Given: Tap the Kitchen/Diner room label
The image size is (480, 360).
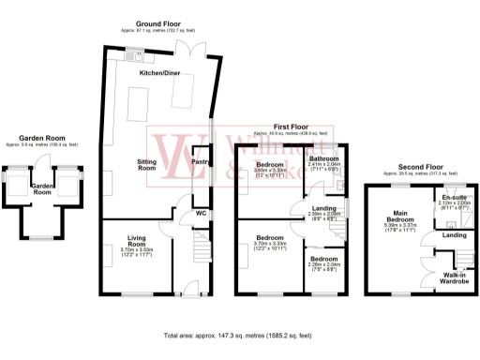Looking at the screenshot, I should (159, 73).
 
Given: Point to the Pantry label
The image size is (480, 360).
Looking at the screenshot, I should (200, 161).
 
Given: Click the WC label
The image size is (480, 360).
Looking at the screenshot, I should (201, 212).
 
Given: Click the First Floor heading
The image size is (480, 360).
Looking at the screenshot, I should (291, 126).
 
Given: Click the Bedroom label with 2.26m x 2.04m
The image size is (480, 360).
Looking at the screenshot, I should (324, 258).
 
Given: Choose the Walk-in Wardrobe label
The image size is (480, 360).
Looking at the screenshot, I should (455, 277).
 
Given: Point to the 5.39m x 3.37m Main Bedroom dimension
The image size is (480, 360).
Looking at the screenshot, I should (406, 228).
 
